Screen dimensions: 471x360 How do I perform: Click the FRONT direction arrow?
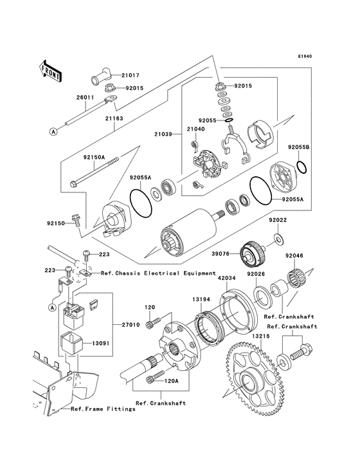[x=51, y=70]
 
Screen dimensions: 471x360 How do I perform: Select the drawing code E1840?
[x=305, y=56]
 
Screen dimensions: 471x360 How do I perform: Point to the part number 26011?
[x=86, y=98]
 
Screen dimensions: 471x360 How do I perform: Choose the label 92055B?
[x=299, y=147]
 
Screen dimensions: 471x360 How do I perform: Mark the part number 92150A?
[x=94, y=156]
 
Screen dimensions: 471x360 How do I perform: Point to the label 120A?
[x=171, y=380]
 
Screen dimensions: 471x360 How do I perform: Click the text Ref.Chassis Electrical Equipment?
[x=158, y=273]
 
